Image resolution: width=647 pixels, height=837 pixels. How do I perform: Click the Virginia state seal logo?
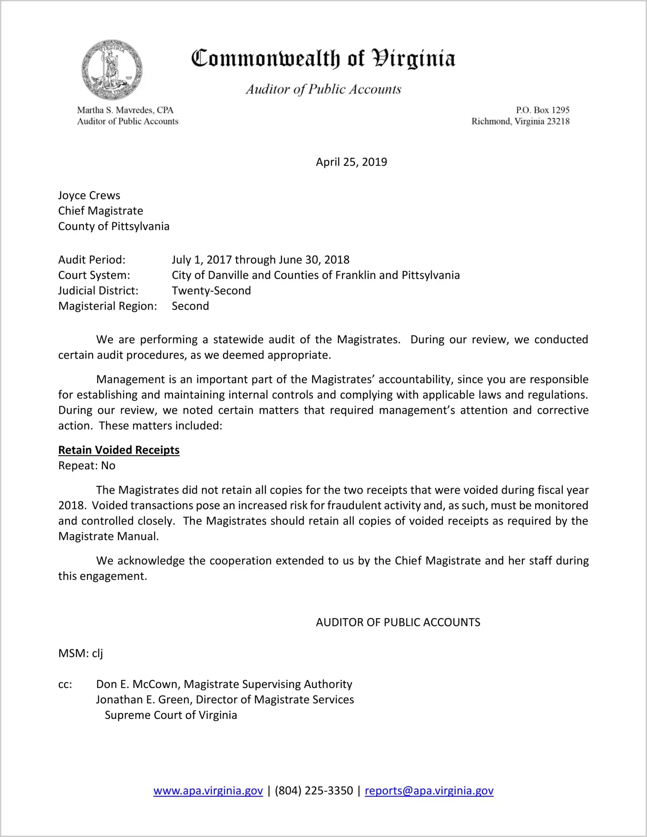pos(112,70)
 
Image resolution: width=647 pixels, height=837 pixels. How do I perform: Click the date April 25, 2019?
pos(351,162)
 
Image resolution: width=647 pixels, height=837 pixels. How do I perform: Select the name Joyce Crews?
pos(89,195)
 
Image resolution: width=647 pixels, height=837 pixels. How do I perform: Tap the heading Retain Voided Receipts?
pos(119,450)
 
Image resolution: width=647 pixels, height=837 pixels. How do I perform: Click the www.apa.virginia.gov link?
pos(208,791)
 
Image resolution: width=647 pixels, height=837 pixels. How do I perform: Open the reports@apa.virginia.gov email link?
pos(429,791)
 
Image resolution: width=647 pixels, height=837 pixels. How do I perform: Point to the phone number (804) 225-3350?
pos(314,791)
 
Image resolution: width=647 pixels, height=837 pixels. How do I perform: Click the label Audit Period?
pos(92,260)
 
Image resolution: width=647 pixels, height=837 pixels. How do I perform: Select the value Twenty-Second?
pos(211,290)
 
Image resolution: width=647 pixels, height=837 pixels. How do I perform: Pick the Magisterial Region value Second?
pos(190,306)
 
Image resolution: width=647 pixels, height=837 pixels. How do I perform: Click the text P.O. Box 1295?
pos(542,110)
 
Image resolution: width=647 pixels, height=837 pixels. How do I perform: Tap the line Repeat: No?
pos(87,466)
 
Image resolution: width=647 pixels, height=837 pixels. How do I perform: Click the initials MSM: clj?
pos(81,653)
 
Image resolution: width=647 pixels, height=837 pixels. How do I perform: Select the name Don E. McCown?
pos(138,684)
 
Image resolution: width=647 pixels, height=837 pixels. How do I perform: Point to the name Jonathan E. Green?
pos(143,700)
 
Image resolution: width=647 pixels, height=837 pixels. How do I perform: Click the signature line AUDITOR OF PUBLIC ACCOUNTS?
pos(398,622)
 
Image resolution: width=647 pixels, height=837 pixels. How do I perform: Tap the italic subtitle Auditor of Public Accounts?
pos(323,89)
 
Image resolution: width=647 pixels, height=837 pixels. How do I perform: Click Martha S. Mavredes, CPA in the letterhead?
pos(125,110)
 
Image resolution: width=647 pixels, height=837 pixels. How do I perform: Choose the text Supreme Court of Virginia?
pos(171,715)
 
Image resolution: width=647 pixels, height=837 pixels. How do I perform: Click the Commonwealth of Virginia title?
pos(323,59)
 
